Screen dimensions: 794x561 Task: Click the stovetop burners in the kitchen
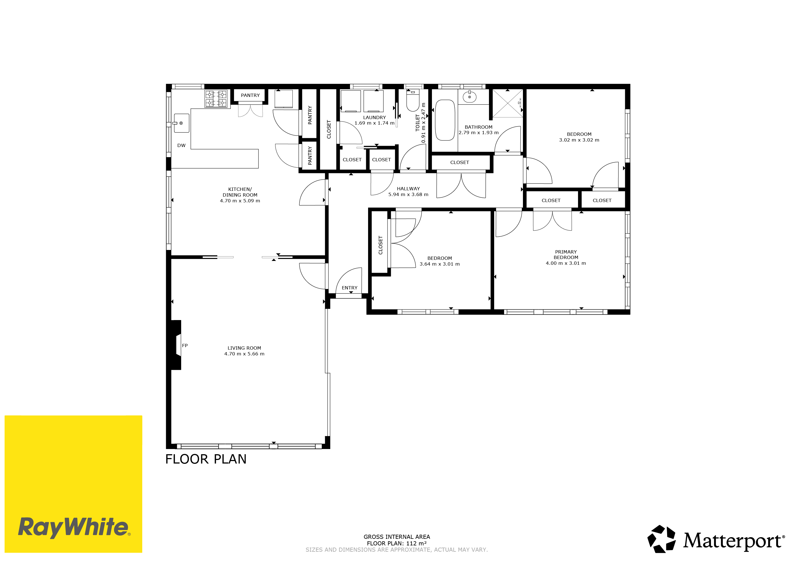[216, 99]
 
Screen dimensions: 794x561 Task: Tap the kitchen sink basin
[181, 123]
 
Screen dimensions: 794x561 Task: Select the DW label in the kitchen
[181, 145]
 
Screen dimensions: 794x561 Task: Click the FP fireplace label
[185, 346]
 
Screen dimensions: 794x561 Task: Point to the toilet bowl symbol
[412, 100]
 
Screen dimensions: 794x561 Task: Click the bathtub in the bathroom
[445, 120]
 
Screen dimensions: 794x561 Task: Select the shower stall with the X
[507, 103]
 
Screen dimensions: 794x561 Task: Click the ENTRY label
[350, 288]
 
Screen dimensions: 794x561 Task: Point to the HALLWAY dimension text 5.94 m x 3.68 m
[408, 194]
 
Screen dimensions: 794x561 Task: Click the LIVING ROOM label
[244, 348]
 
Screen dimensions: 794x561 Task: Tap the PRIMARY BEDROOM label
[566, 255]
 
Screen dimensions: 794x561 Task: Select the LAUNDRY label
[374, 117]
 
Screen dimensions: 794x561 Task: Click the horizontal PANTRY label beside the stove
[250, 95]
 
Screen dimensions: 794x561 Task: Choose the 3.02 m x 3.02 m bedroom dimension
[579, 140]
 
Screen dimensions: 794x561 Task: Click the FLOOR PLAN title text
[206, 459]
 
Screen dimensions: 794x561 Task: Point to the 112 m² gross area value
[416, 543]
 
